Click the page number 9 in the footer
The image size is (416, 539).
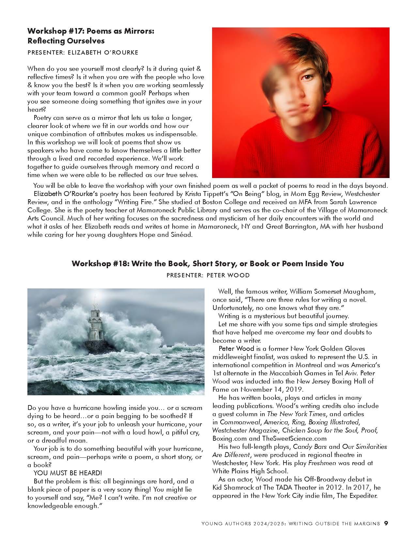pyautogui.click(x=386, y=523)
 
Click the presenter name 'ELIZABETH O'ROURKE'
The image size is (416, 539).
pyautogui.click(x=103, y=52)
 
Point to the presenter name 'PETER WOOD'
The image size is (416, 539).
pyautogui.click(x=228, y=275)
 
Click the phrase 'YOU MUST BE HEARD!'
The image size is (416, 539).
pyautogui.click(x=68, y=473)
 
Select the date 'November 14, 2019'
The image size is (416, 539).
pyautogui.click(x=272, y=389)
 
